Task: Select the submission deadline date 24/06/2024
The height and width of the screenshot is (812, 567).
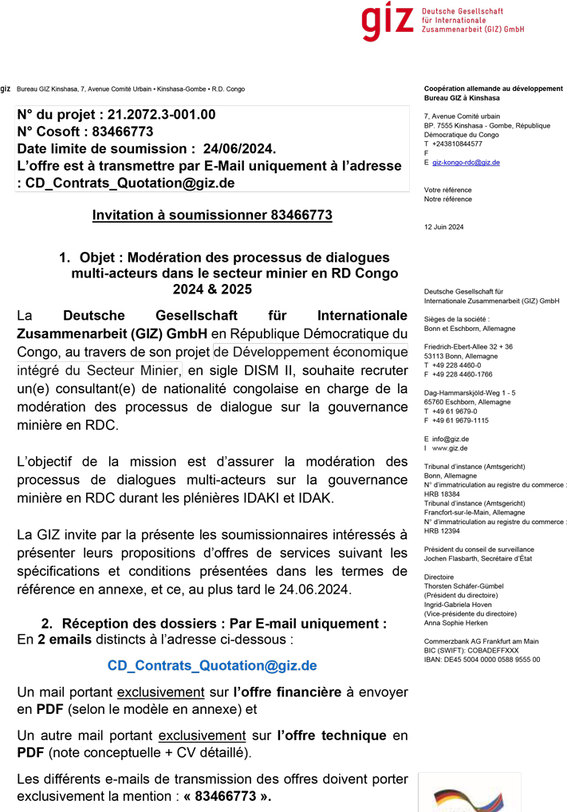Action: click(238, 148)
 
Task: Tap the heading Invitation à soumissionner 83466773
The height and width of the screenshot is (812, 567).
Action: click(212, 215)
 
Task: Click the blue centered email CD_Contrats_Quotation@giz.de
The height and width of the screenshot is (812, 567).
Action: click(212, 665)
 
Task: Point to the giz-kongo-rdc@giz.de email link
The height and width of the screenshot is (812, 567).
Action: click(466, 162)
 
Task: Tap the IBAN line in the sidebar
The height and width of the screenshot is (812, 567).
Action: click(482, 660)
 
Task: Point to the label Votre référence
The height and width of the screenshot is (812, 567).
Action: click(447, 190)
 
